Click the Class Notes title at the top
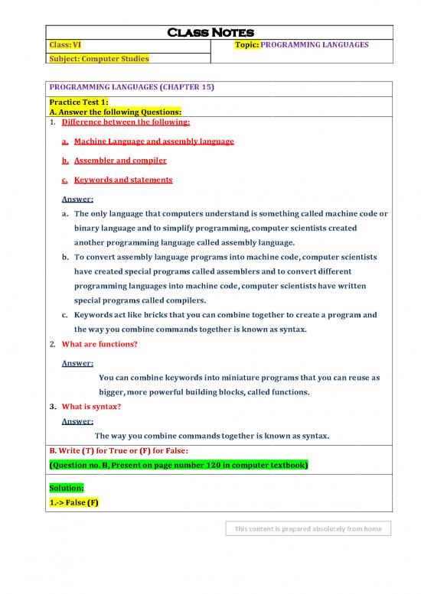click(218, 32)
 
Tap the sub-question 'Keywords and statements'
click(122, 180)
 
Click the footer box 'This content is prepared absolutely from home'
click(308, 528)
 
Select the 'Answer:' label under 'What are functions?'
click(77, 363)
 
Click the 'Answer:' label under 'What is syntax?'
click(77, 421)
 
